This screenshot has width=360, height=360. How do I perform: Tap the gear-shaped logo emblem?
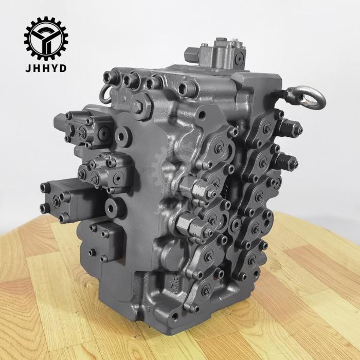46,38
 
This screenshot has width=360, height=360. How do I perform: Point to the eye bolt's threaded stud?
285,94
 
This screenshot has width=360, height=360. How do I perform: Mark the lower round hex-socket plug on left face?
116,207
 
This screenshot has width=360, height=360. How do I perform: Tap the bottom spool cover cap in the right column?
252,260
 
